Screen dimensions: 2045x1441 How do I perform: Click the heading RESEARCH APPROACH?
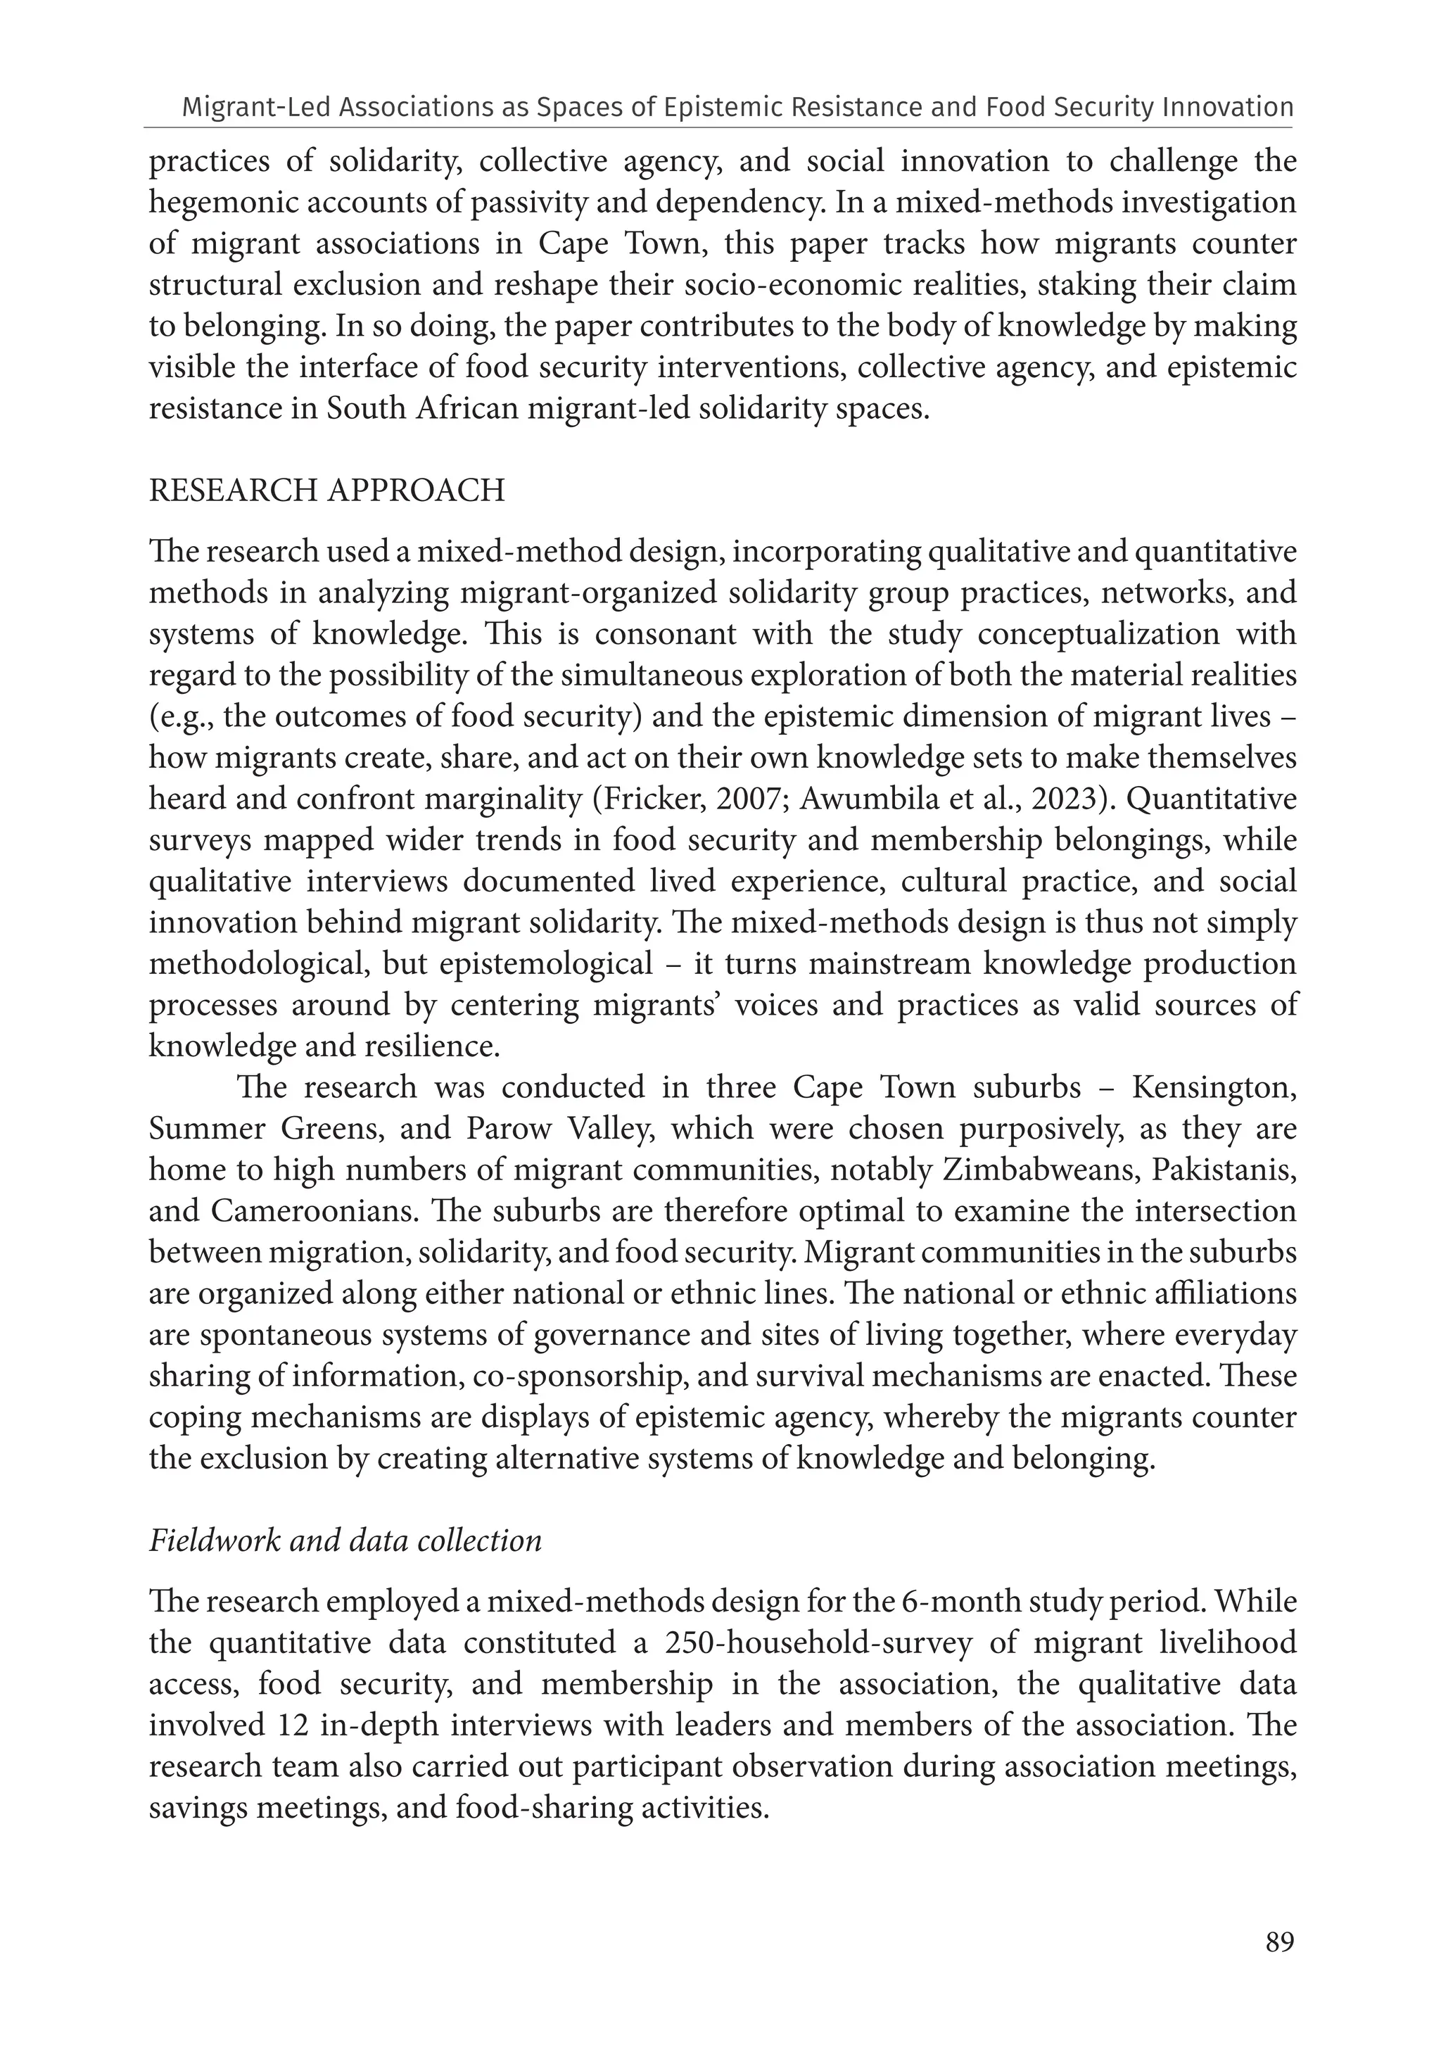(x=327, y=490)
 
